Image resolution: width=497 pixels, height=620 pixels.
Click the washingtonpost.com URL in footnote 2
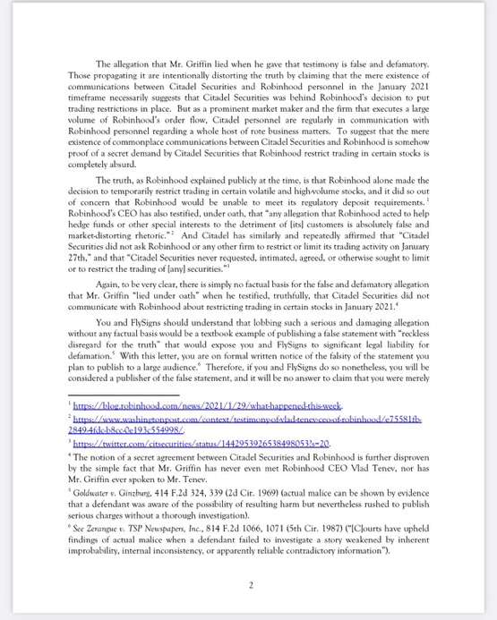pos(233,420)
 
